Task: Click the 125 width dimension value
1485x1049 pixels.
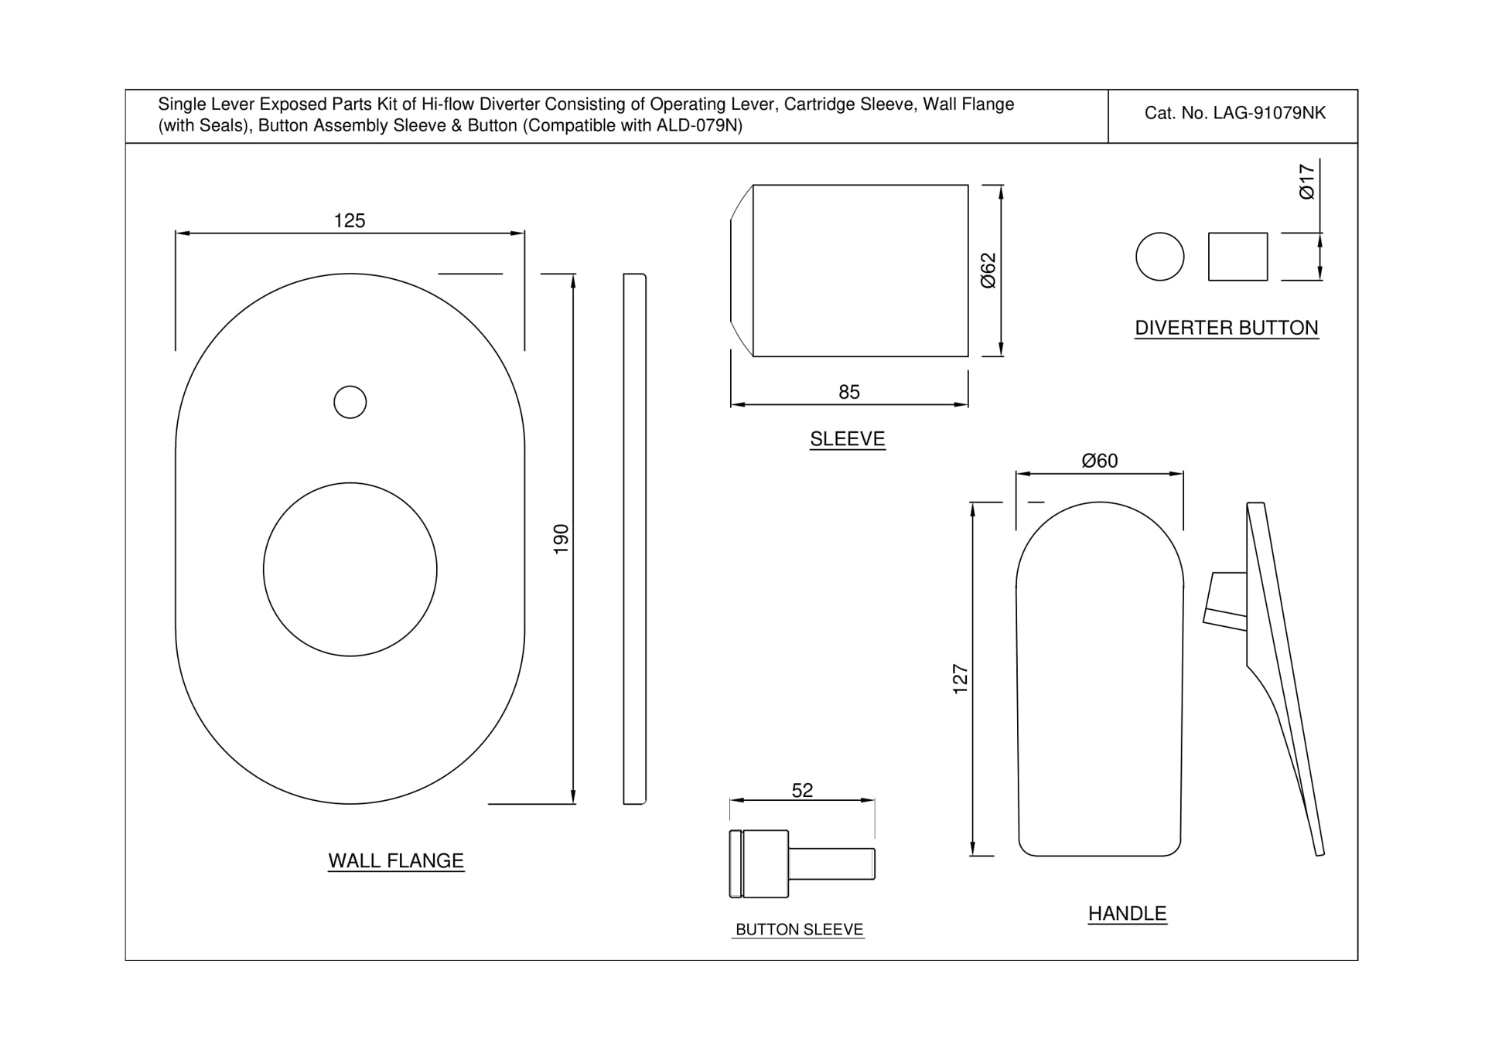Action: tap(349, 221)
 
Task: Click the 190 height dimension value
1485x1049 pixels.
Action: tap(562, 538)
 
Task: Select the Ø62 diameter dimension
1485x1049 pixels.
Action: tap(988, 271)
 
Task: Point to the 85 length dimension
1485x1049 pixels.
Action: tap(848, 392)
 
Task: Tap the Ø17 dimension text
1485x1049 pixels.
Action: tap(1306, 182)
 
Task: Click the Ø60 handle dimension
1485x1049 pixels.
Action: tap(1099, 461)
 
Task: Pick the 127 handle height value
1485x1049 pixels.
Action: tap(960, 679)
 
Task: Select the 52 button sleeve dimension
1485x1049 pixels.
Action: tap(802, 790)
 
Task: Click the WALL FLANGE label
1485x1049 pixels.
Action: tap(395, 860)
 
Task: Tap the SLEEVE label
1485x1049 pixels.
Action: tap(847, 439)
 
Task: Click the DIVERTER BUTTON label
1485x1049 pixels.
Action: tap(1226, 328)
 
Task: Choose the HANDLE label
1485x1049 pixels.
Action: tap(1127, 913)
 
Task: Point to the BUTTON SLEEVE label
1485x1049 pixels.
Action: tap(798, 929)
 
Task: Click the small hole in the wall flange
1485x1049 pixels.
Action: tap(350, 402)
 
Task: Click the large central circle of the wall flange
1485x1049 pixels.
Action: tap(350, 570)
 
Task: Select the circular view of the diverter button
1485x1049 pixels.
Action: tap(1159, 257)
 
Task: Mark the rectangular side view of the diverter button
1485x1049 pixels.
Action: tap(1237, 257)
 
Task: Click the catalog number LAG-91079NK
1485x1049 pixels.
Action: tap(1234, 114)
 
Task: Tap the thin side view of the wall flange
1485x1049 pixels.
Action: tap(634, 539)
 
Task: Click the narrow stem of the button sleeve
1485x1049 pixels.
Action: tap(831, 863)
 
